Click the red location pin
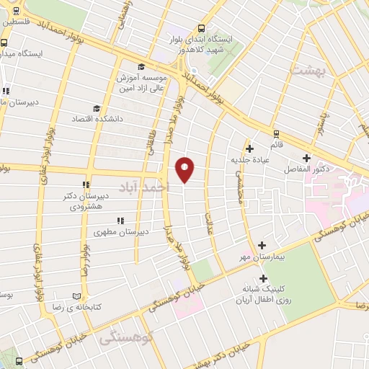click(185, 169)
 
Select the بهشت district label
click(309, 70)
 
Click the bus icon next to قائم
click(275, 133)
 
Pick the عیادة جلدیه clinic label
click(249, 159)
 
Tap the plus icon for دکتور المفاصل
click(306, 158)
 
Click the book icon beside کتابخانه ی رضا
click(77, 295)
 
